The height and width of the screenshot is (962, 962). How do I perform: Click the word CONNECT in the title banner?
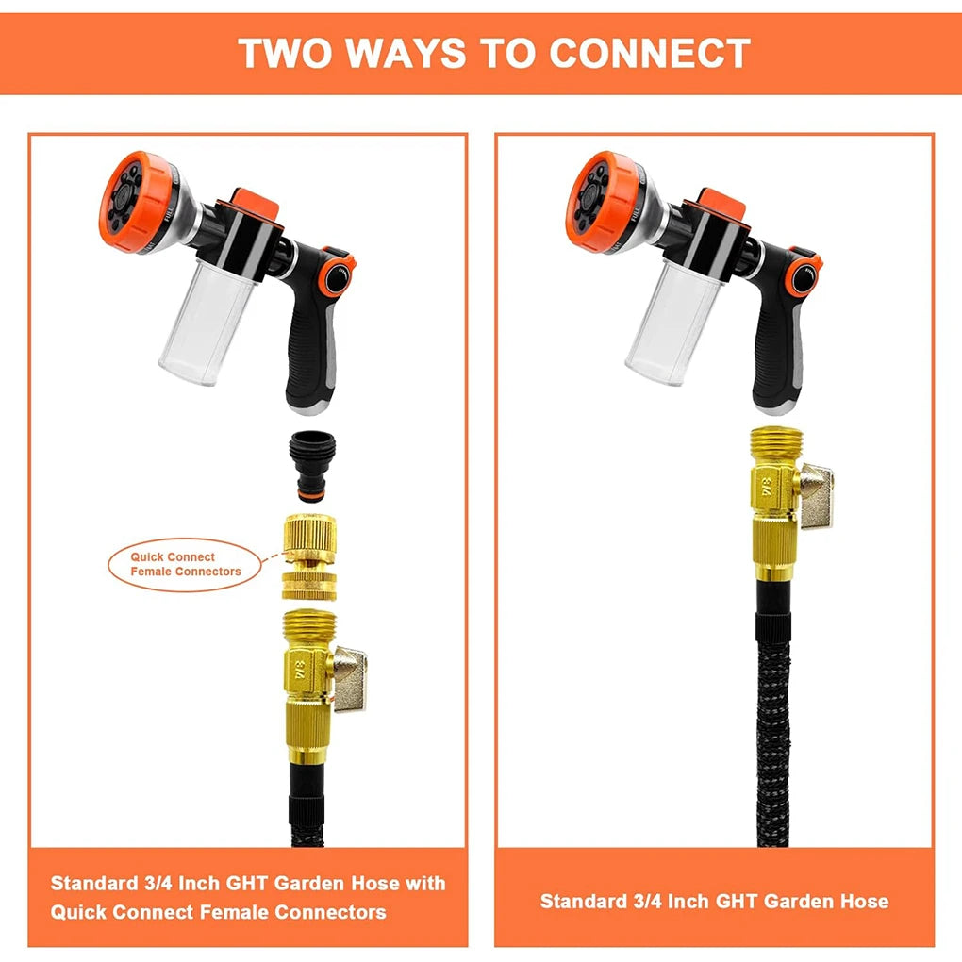coord(649,53)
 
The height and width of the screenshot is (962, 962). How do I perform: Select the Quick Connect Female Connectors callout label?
coord(185,564)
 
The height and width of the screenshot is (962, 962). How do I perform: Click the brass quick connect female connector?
coord(308,556)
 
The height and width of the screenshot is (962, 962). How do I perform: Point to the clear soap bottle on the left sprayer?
coord(205,322)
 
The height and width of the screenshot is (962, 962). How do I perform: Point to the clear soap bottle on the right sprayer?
coord(672,322)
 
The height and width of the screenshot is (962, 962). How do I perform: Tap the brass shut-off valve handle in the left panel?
coord(349,678)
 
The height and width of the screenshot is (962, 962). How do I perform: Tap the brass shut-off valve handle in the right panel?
coord(816,496)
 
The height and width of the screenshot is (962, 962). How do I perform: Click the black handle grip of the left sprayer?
coord(311,343)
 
